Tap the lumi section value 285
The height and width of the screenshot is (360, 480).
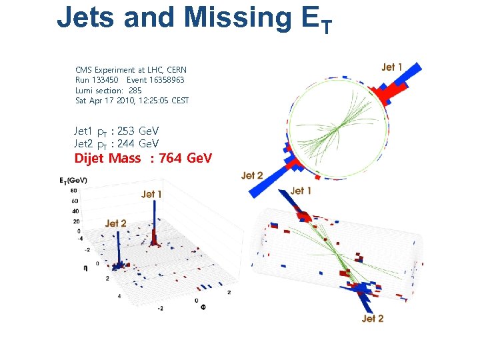135,90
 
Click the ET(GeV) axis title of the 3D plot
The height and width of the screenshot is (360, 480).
73,181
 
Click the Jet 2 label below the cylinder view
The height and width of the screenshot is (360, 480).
373,319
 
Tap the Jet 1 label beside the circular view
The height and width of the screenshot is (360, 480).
392,67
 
